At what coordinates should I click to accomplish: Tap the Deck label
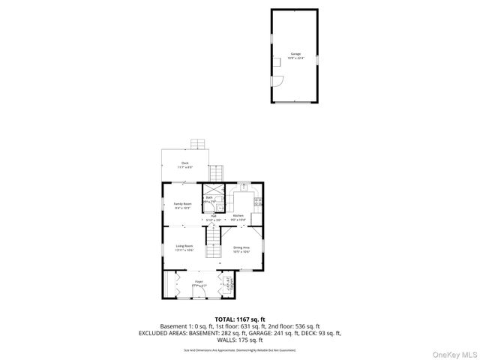[184, 163]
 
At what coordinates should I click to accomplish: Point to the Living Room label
[184, 245]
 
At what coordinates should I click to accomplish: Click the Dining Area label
[241, 247]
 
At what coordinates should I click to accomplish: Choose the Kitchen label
[238, 215]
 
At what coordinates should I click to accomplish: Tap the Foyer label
[199, 282]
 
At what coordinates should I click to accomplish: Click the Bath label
[210, 198]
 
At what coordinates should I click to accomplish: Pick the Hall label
[214, 215]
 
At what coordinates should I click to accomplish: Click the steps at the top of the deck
[198, 143]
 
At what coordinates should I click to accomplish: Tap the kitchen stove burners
[258, 200]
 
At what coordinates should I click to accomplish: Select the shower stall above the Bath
[214, 188]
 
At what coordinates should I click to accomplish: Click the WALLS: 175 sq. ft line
[239, 340]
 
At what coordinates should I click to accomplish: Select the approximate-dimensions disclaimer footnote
[239, 349]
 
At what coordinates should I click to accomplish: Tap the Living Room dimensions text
[184, 250]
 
